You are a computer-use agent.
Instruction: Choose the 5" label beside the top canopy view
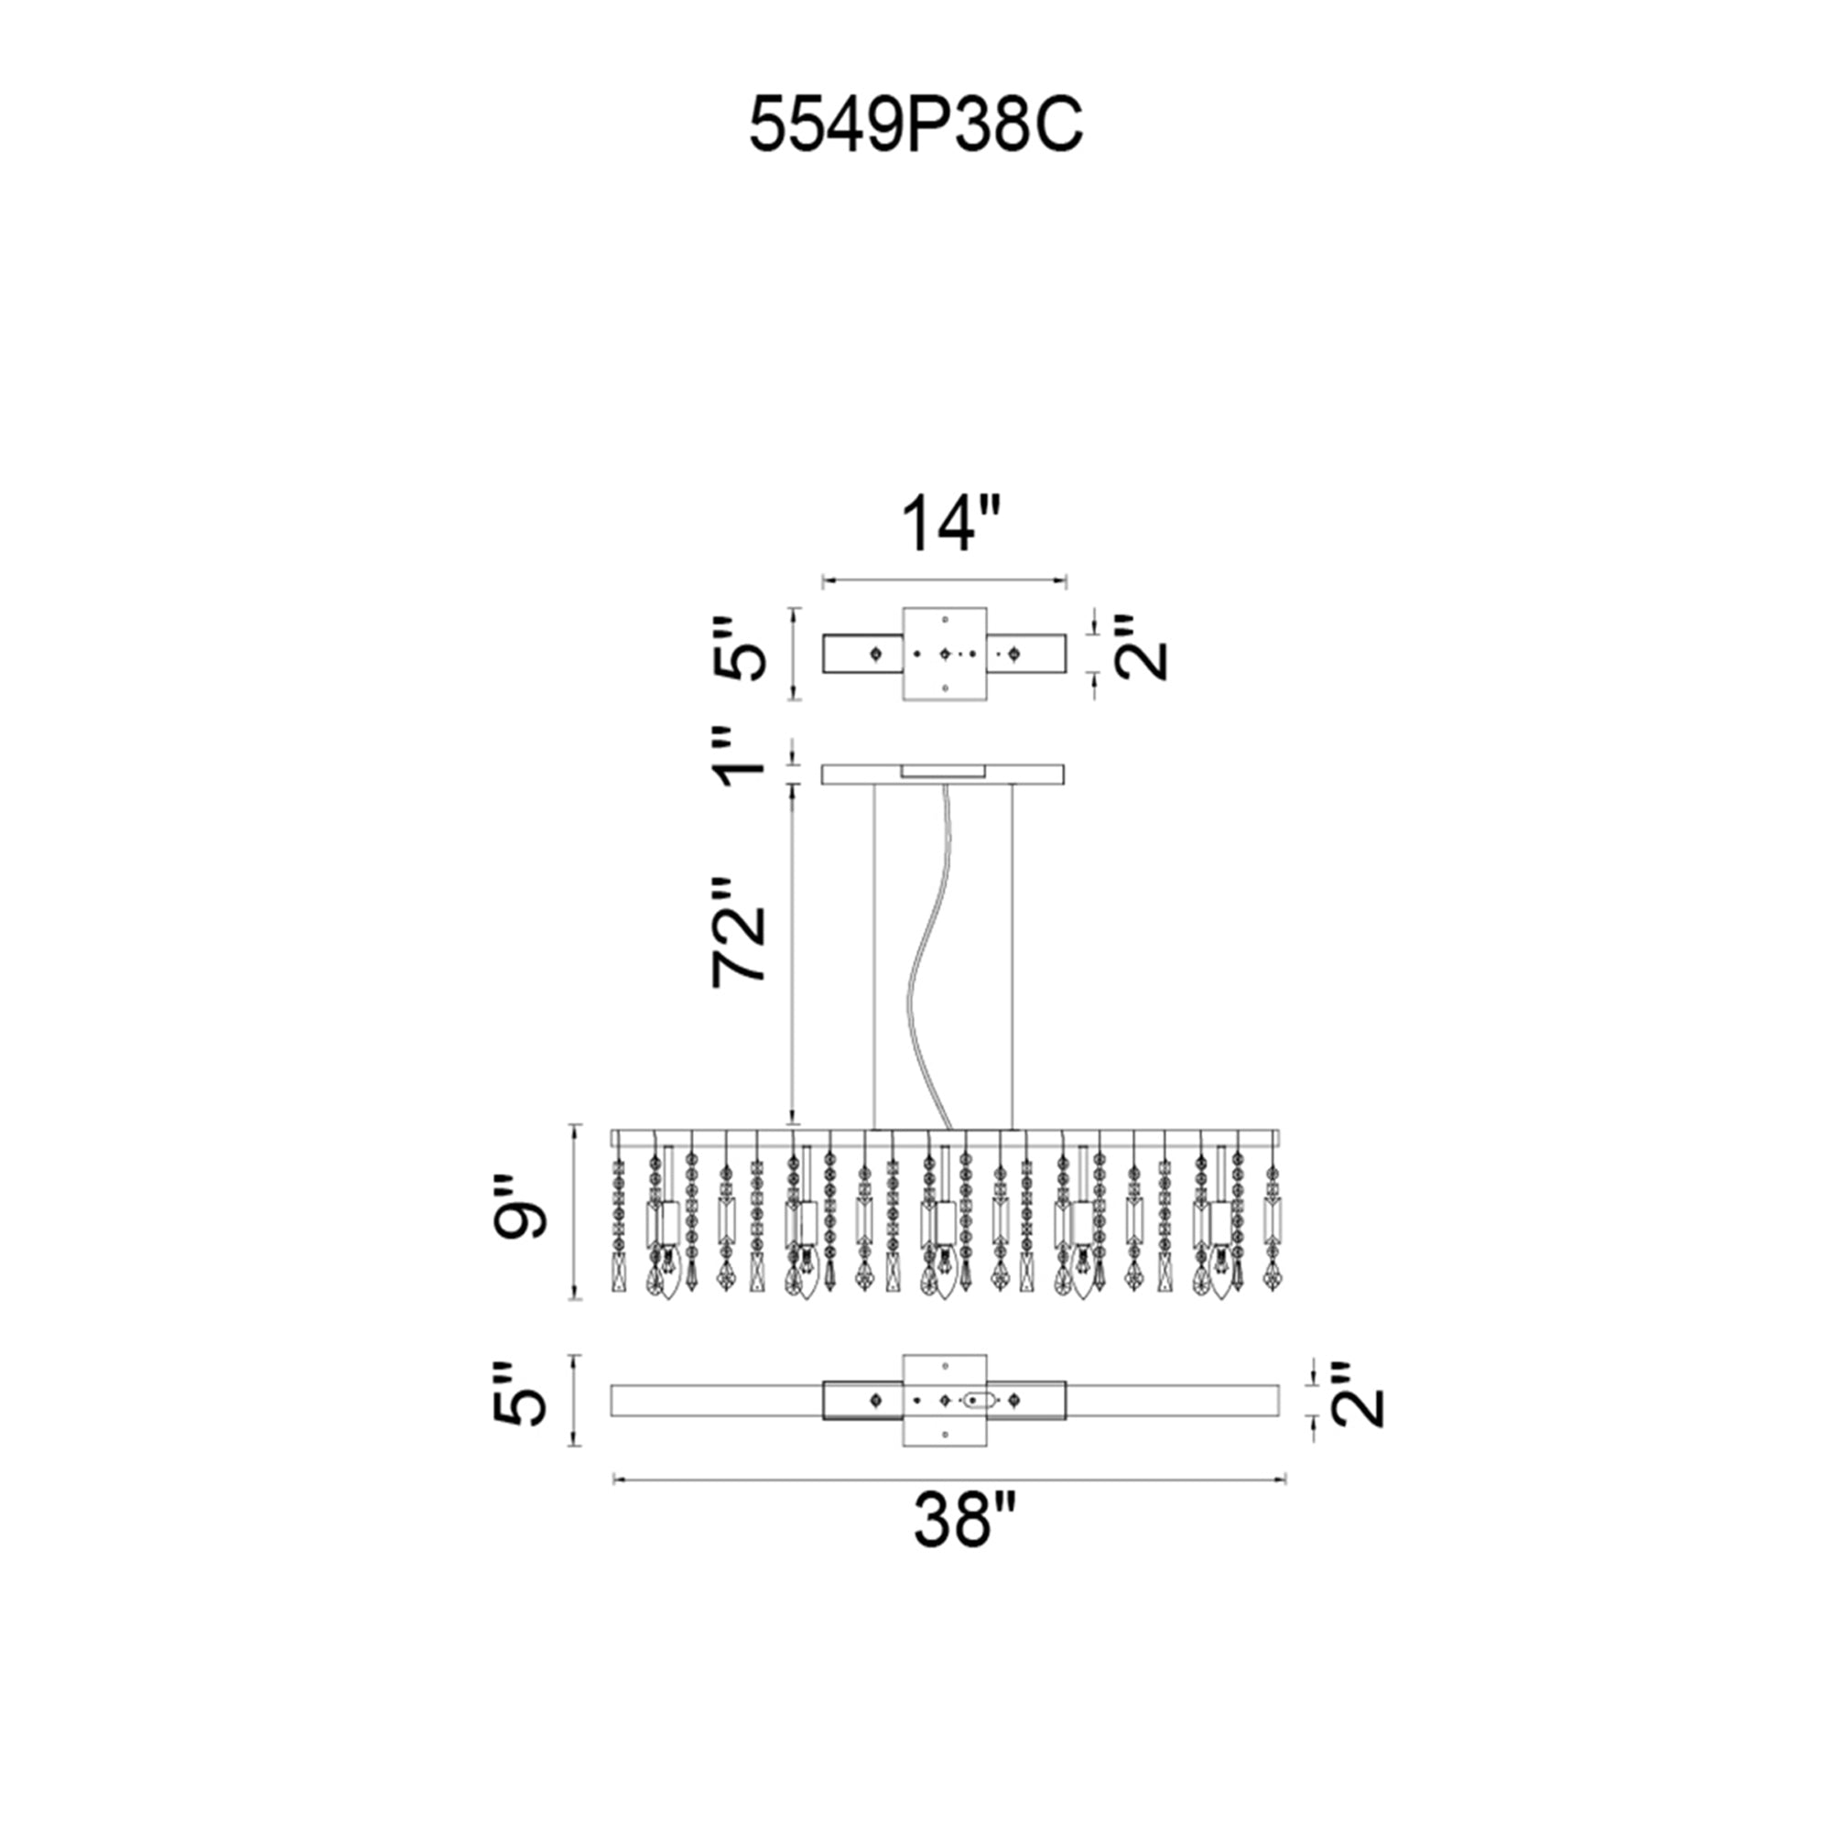tap(738, 648)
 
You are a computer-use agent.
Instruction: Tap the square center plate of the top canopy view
tap(945, 654)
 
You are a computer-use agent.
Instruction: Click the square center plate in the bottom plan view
tap(945, 1400)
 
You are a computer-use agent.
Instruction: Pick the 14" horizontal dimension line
tap(945, 578)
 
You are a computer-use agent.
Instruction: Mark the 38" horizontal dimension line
tap(948, 1478)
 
